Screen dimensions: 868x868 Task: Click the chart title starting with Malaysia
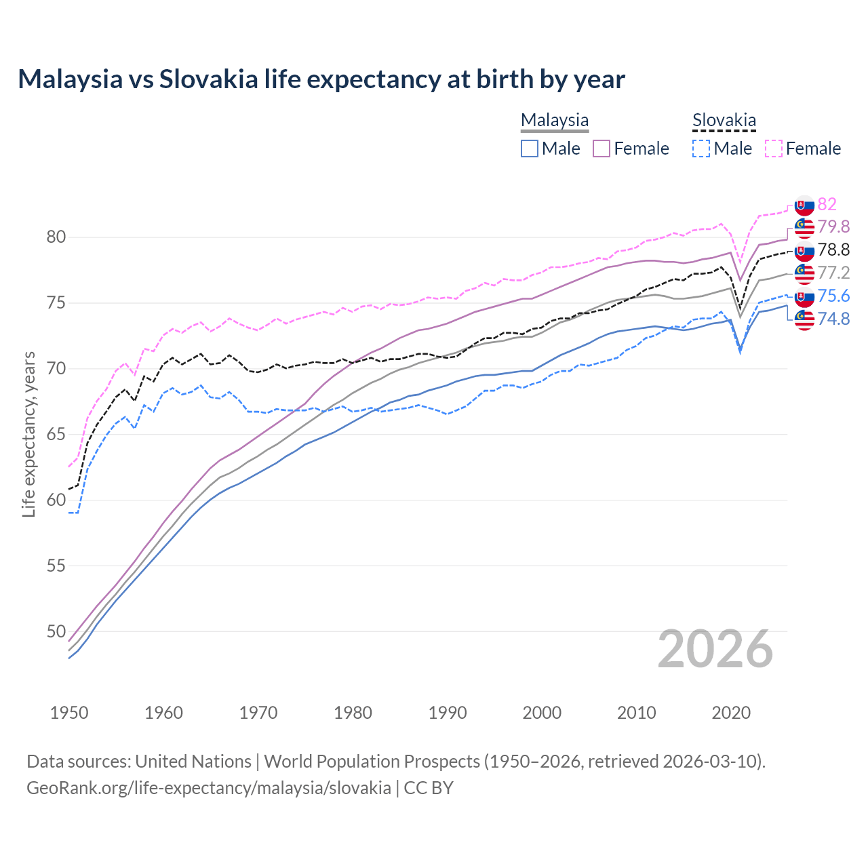click(321, 79)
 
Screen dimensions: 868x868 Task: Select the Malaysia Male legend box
click(530, 149)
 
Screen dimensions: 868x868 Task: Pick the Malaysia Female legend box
click(602, 149)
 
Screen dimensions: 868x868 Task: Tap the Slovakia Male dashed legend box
click(701, 149)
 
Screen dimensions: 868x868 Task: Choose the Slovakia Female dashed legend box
click(774, 149)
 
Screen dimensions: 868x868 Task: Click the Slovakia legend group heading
click(724, 121)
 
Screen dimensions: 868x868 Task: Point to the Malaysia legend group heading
click(555, 121)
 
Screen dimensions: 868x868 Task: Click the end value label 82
click(827, 204)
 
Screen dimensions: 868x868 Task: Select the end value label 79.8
click(833, 226)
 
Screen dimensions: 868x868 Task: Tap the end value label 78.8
click(833, 250)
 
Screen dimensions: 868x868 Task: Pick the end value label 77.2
click(833, 273)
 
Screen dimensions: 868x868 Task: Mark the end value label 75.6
click(833, 296)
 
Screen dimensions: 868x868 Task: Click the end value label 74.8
click(833, 319)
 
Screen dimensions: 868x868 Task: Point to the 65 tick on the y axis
click(56, 434)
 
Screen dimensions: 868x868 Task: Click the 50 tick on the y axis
click(56, 631)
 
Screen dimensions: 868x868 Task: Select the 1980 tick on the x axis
click(353, 713)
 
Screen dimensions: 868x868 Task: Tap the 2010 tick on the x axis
click(636, 713)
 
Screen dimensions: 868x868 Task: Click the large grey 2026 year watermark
click(715, 649)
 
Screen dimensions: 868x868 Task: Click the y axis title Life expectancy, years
click(29, 434)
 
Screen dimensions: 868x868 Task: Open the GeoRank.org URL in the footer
click(209, 788)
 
